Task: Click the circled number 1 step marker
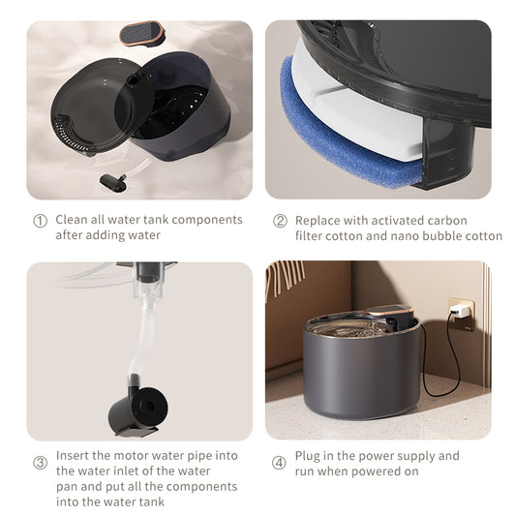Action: coord(40,221)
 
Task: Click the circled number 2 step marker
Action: coord(280,221)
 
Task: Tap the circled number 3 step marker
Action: coord(40,463)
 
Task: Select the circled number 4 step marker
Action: coord(280,463)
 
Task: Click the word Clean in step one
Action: coord(73,220)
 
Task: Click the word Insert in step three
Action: coord(74,455)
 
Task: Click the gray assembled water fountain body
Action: coord(360,373)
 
